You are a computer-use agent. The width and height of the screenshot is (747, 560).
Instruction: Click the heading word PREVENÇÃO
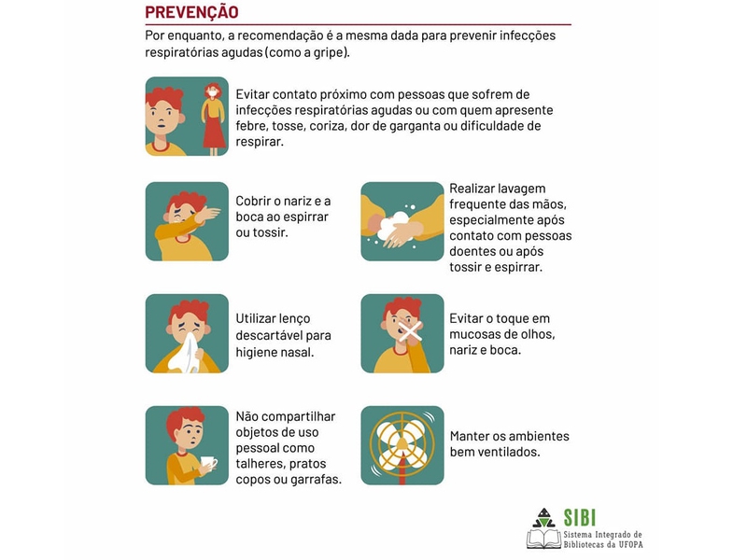191,12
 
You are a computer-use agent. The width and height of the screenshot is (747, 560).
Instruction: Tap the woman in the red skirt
213,119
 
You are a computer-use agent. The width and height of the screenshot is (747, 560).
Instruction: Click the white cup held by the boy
208,463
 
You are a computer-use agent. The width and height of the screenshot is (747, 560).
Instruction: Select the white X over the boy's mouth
410,331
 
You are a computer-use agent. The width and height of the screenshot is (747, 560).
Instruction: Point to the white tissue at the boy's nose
186,353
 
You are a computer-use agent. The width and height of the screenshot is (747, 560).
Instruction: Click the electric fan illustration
402,445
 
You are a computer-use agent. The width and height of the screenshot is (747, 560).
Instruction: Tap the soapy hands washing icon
402,221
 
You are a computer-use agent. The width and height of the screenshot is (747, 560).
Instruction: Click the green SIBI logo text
579,518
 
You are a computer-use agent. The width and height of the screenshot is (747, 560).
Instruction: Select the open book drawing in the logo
544,539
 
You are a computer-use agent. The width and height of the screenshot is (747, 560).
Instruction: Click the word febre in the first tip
251,126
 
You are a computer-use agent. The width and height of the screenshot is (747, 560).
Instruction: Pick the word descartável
269,335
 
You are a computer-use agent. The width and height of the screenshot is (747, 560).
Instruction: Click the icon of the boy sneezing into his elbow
187,221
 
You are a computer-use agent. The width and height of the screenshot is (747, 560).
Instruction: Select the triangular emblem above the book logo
543,518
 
